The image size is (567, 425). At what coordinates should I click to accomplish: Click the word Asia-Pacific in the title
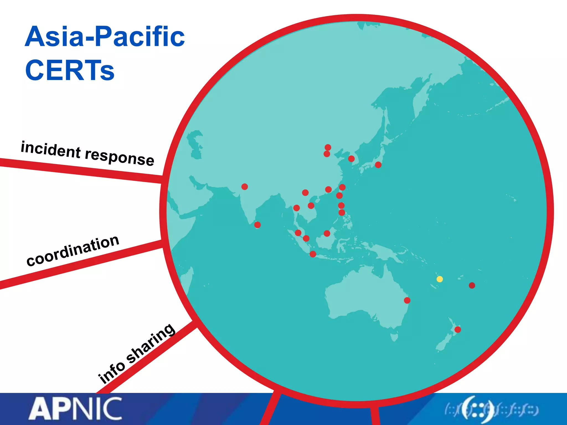click(x=105, y=37)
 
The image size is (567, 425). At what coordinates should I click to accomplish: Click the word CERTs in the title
click(x=70, y=70)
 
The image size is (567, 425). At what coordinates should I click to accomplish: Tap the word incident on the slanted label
click(x=51, y=149)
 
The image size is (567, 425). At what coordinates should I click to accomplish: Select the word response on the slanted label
click(x=119, y=157)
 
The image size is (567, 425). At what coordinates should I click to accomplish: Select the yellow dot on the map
click(x=440, y=279)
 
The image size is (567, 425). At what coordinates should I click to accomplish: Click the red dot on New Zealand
click(x=458, y=330)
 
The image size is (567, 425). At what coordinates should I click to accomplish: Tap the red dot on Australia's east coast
click(x=407, y=300)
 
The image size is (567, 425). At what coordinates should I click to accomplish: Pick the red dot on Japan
click(x=378, y=165)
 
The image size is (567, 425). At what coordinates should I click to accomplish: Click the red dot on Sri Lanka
click(x=257, y=225)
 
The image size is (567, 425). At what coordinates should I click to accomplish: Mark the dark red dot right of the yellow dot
click(x=472, y=285)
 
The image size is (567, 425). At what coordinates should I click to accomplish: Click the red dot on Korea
click(x=351, y=159)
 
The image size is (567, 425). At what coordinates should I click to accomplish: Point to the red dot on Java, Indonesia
click(x=313, y=254)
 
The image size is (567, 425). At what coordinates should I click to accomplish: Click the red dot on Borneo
click(x=327, y=233)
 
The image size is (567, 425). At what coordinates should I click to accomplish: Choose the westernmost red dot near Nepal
click(x=244, y=186)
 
